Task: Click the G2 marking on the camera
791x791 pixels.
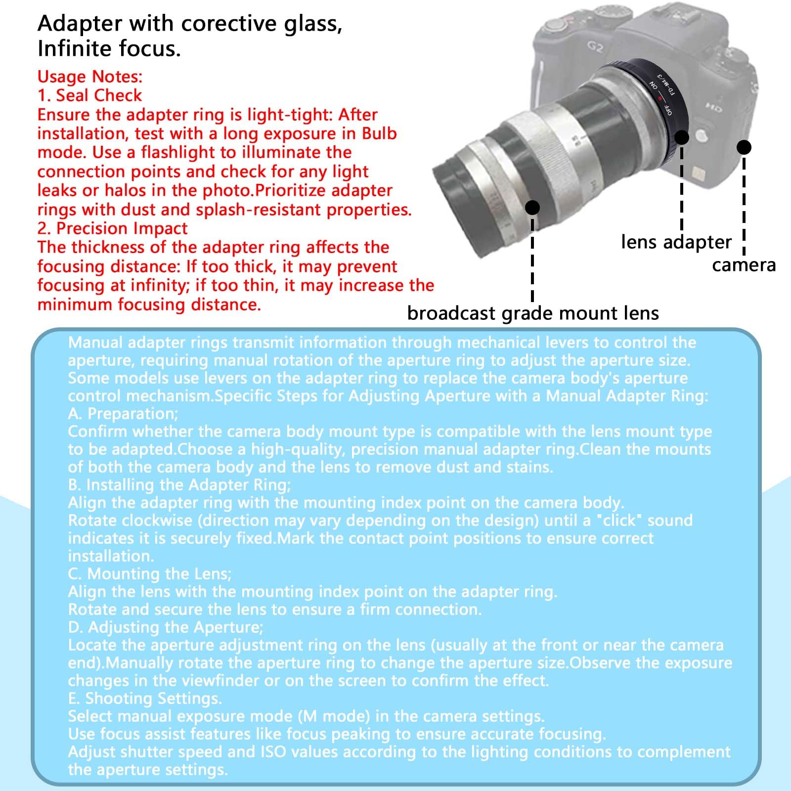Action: [595, 47]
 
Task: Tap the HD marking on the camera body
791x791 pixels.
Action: [713, 107]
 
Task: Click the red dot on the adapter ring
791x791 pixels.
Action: [659, 98]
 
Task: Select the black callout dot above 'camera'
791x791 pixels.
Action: [744, 147]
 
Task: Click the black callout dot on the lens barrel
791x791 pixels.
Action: [532, 207]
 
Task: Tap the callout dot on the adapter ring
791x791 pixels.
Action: [682, 137]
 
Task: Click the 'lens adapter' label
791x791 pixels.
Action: [676, 242]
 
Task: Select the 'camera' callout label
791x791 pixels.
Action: [744, 265]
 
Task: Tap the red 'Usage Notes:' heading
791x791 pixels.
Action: [90, 77]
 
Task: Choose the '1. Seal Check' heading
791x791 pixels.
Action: [90, 95]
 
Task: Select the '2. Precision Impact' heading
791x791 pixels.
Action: [113, 228]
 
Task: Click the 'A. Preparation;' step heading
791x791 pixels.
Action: [123, 413]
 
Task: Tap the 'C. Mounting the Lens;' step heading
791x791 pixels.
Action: [150, 573]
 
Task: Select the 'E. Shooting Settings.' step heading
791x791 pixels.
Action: [145, 698]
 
